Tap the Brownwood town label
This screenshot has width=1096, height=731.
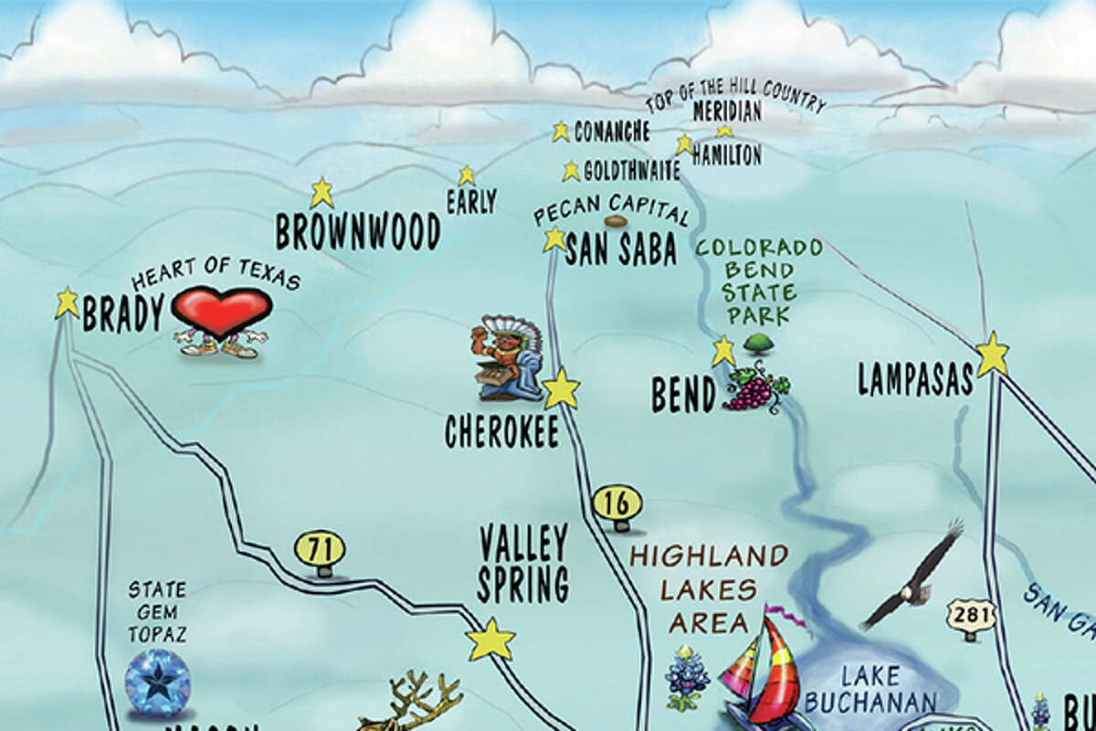point(358,232)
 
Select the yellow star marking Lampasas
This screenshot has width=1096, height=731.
point(992,355)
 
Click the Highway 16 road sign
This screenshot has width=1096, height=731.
point(617,503)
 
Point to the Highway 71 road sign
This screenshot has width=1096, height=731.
point(320,550)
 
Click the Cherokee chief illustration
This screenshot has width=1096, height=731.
point(507,359)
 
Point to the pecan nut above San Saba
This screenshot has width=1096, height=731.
point(616,221)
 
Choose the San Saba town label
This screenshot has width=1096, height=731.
point(621,249)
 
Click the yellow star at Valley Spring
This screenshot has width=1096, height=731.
point(491,640)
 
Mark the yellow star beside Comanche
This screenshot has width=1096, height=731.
point(561,132)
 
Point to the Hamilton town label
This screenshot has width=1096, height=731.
point(726,155)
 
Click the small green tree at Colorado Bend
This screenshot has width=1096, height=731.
point(754,344)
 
